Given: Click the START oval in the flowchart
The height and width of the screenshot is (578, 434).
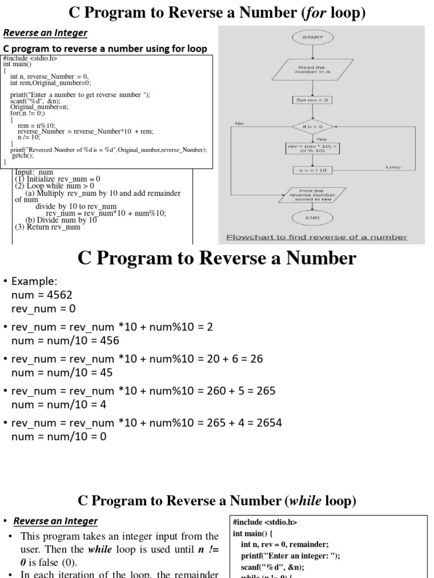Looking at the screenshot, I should (x=312, y=37).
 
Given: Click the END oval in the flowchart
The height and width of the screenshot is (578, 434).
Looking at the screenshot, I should (x=312, y=217).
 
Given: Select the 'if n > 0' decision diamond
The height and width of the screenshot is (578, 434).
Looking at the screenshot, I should (x=312, y=126).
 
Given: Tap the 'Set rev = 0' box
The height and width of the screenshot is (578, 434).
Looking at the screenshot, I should (x=312, y=100).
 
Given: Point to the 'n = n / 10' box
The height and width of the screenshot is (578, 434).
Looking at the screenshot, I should (x=312, y=170).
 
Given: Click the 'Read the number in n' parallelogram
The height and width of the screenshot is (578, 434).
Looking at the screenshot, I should (x=312, y=70).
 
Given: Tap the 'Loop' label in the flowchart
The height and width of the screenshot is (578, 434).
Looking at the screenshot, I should (x=393, y=167).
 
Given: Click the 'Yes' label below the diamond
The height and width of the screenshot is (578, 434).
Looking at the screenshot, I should (x=321, y=139).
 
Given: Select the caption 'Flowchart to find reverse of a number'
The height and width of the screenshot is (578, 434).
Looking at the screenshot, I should (x=316, y=237).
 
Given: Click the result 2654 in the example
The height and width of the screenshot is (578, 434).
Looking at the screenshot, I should (x=269, y=423).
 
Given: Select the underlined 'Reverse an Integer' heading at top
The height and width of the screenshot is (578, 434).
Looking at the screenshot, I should (x=46, y=33).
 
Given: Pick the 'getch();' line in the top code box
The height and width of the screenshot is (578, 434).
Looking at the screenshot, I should (x=23, y=155).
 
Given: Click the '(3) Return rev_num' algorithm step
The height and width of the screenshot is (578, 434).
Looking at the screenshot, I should (x=47, y=227).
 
